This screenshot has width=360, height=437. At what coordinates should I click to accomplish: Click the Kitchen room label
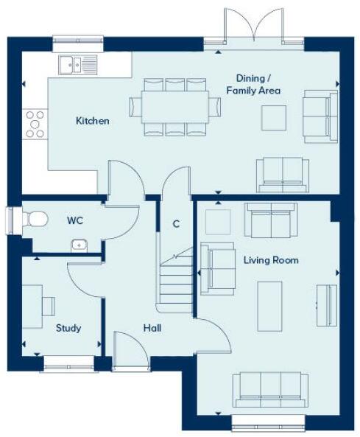93,120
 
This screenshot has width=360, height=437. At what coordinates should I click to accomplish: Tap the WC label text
75,220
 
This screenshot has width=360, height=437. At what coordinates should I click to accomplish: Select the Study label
68,328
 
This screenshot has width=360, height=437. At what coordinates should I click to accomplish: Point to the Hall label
153,328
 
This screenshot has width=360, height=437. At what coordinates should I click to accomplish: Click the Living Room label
271,260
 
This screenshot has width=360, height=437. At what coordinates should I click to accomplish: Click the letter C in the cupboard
176,223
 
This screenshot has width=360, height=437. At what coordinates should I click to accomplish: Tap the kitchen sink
75,64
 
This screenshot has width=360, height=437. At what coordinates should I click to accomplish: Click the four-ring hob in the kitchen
34,123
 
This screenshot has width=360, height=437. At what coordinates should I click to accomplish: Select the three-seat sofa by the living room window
270,389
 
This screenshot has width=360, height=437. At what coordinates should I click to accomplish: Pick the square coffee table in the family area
275,116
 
